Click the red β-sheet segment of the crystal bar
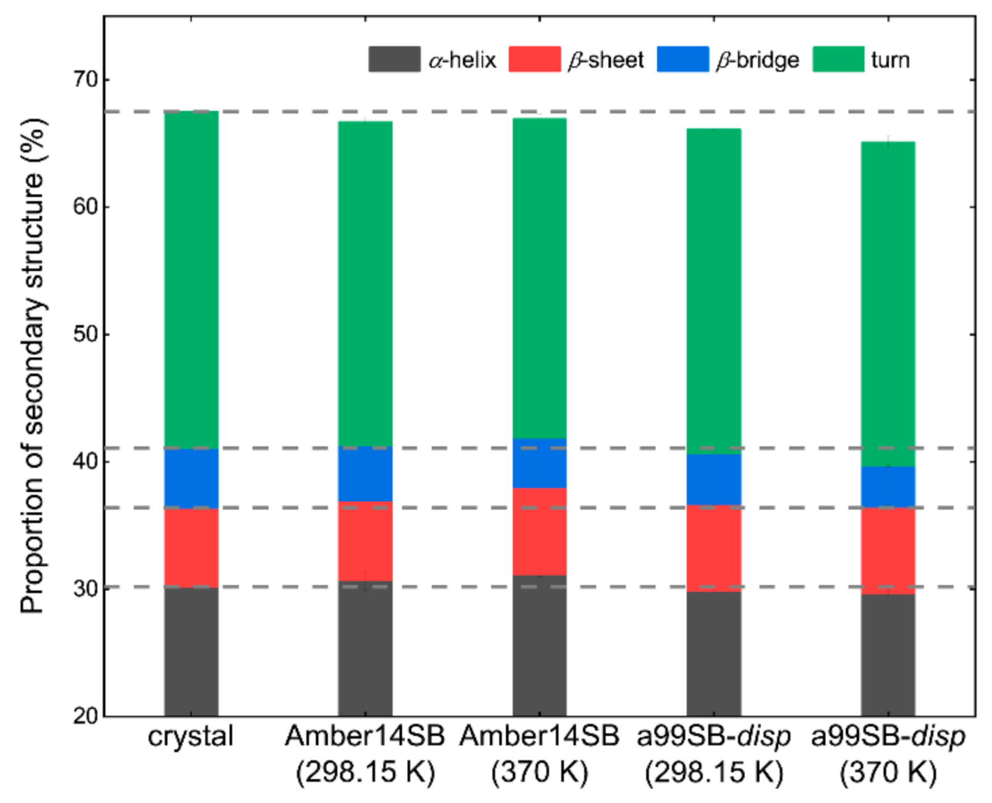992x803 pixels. point(191,548)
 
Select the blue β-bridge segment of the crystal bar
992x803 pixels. point(191,478)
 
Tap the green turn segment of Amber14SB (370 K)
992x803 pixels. point(539,278)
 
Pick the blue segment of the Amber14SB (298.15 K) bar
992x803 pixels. point(365,474)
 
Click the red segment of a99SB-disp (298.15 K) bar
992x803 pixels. point(713,548)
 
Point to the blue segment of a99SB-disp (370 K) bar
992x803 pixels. point(888,487)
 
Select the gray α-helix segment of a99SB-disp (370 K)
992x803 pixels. point(888,655)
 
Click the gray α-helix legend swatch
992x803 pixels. point(394,59)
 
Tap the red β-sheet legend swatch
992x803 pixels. point(534,59)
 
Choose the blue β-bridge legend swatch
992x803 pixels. point(683,59)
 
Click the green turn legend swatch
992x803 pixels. point(838,59)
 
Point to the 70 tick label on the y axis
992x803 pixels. point(85,80)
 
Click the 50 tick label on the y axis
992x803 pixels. point(85,334)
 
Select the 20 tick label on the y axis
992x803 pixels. point(85,716)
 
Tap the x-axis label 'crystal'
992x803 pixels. point(190,737)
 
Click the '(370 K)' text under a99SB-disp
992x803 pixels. point(888,773)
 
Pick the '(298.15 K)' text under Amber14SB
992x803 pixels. point(365,773)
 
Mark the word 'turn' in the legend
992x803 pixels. point(890,60)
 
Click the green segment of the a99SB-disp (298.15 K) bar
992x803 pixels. point(713,291)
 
